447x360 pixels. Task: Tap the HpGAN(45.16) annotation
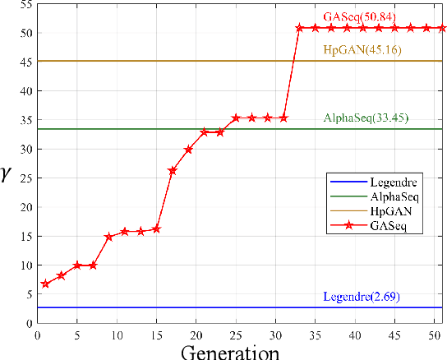click(x=357, y=49)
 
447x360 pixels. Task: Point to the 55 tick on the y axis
click(x=25, y=5)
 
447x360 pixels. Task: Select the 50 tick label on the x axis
click(x=426, y=335)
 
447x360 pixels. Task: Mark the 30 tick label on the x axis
click(x=268, y=335)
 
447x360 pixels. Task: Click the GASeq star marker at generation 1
click(x=45, y=284)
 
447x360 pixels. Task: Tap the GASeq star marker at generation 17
click(x=173, y=171)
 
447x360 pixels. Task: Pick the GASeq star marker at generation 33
click(x=299, y=28)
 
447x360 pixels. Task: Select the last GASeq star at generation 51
click(x=442, y=28)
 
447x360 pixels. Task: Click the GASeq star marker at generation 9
click(x=108, y=237)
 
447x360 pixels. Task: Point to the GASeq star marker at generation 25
click(x=236, y=118)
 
